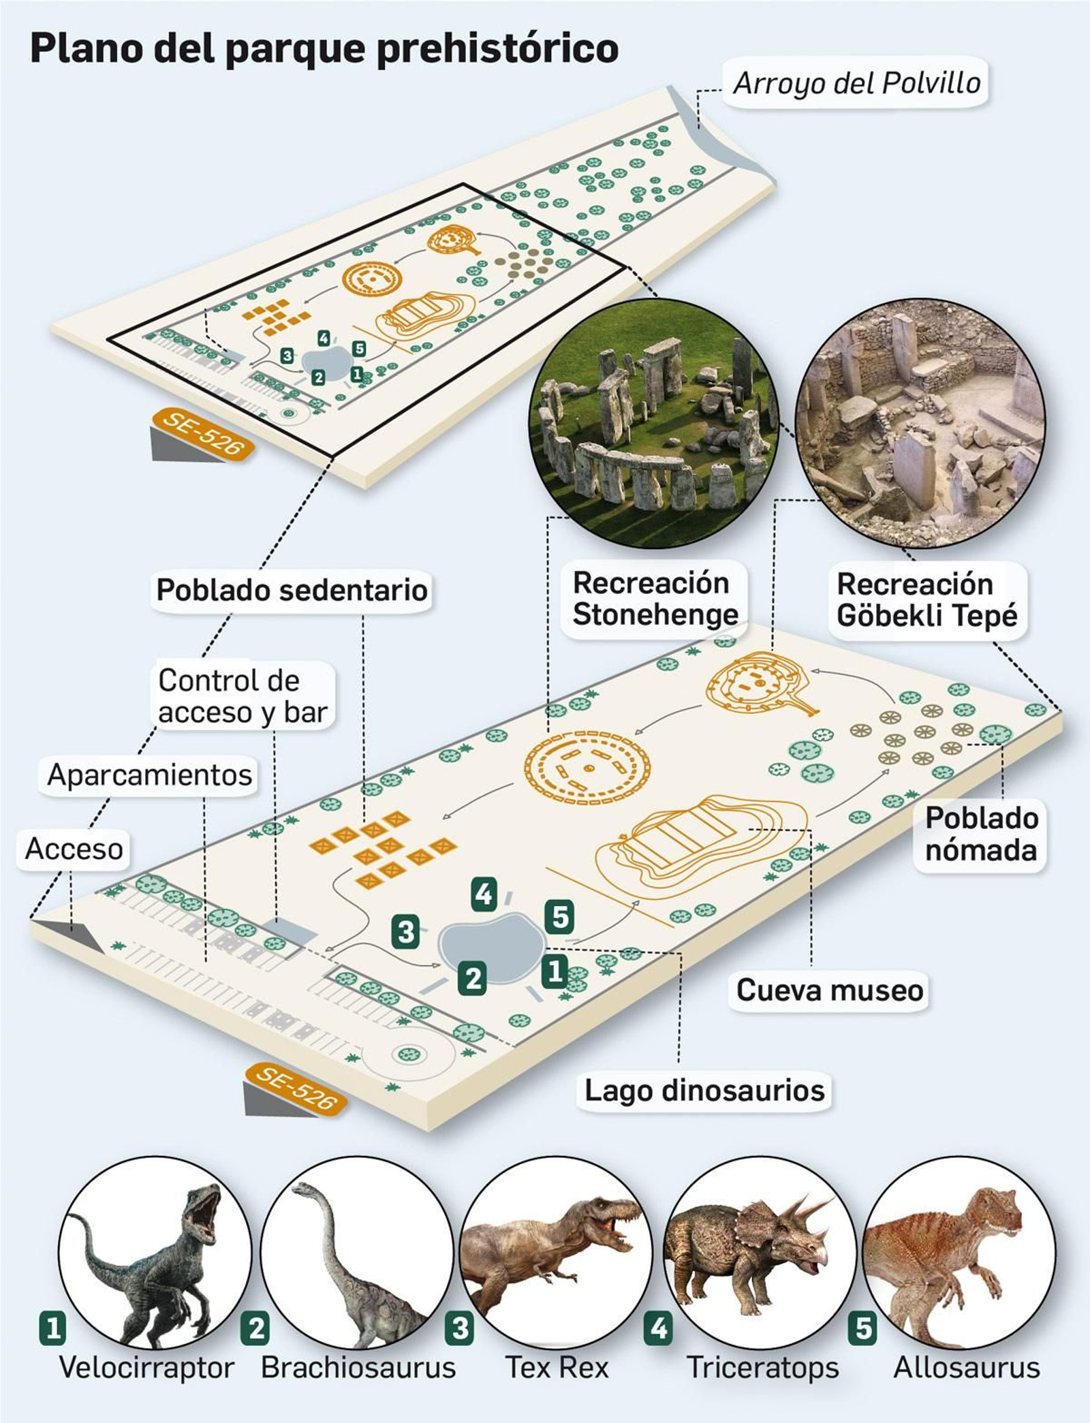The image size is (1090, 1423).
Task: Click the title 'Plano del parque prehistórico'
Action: (324, 49)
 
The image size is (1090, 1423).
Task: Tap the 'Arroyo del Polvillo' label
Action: (856, 83)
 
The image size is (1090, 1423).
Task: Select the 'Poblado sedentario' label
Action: (292, 590)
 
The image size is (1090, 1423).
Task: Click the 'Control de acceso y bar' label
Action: (243, 696)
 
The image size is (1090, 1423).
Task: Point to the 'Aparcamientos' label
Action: (149, 775)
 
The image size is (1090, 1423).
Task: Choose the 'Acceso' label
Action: (74, 849)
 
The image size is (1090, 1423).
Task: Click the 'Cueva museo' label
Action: (829, 990)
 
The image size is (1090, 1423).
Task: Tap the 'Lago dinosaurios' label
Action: (704, 1090)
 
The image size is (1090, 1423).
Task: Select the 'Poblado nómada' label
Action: (981, 834)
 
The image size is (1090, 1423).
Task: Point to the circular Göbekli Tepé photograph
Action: (920, 422)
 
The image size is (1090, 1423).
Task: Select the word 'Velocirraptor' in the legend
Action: (146, 1367)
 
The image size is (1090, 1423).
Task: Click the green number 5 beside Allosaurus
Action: (863, 1328)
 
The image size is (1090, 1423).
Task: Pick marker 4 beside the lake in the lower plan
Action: (484, 894)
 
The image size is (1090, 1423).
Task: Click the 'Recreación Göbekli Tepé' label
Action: (926, 599)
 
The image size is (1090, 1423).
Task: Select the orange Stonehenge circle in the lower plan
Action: (587, 767)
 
